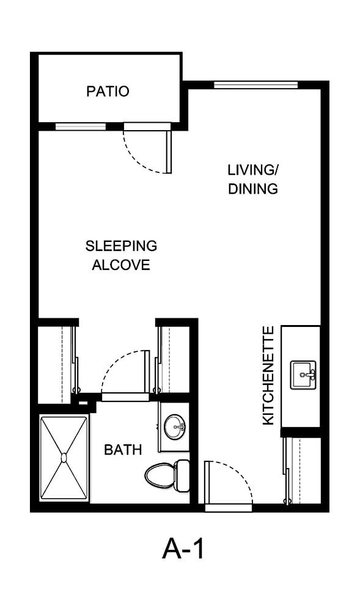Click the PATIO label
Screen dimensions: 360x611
(x=108, y=92)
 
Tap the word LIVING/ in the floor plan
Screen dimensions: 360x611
(x=253, y=170)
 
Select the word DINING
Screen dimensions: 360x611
(x=253, y=189)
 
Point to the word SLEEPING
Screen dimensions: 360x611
(x=121, y=246)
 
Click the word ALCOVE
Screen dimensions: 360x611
(x=121, y=265)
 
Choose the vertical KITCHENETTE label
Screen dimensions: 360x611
(x=268, y=376)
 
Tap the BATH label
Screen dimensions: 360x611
(x=123, y=450)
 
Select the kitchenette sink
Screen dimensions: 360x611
(x=303, y=375)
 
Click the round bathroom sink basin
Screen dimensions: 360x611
(x=174, y=426)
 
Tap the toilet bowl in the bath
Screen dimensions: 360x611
(x=160, y=475)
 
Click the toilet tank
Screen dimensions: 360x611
(x=182, y=475)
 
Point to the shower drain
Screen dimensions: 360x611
(x=64, y=457)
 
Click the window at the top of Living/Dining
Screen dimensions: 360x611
(x=256, y=84)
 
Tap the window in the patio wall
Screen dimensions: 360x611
(x=81, y=126)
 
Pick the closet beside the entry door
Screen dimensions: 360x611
(x=303, y=470)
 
